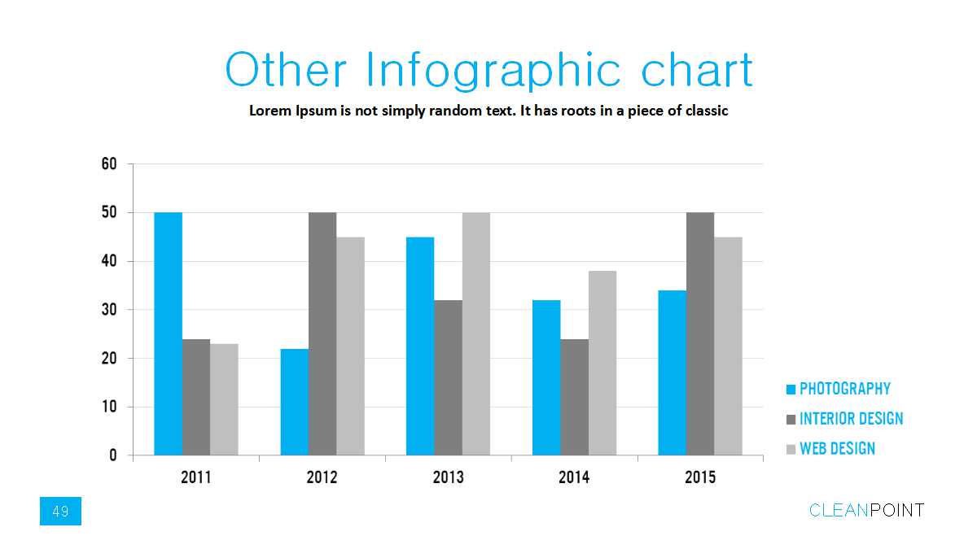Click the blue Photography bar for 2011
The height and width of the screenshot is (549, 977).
[x=168, y=333]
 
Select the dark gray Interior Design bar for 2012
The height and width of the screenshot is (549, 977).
[x=322, y=333]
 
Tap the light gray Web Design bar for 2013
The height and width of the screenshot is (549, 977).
[x=476, y=333]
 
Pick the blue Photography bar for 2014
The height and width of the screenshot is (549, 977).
[x=546, y=377]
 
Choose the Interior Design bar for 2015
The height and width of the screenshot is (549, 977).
[x=700, y=333]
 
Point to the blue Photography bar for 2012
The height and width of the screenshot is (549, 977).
[x=294, y=402]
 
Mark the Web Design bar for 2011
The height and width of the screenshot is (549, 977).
[x=224, y=399]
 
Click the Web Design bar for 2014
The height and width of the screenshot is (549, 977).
[x=602, y=363]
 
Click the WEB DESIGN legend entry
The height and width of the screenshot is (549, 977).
[x=837, y=448]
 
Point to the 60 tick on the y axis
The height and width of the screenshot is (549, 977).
[x=109, y=163]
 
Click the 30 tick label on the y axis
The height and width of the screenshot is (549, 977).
[x=109, y=310]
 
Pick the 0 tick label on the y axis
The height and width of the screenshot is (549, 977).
[x=113, y=455]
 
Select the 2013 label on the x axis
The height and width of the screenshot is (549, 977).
[x=449, y=477]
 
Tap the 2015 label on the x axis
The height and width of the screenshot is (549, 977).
[x=700, y=477]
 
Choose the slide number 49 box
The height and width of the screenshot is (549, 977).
[x=60, y=511]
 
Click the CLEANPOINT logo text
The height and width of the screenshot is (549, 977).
[x=866, y=511]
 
